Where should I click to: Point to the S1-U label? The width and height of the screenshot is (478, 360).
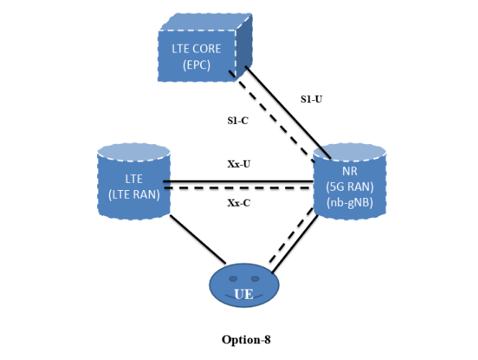[311, 99]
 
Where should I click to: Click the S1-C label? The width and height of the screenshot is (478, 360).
[238, 120]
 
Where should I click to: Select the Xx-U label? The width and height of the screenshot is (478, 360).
[238, 163]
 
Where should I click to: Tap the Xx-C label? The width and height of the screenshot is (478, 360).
[238, 203]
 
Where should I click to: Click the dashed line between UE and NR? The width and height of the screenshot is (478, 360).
[291, 238]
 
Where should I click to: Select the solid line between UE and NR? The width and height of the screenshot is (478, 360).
[297, 243]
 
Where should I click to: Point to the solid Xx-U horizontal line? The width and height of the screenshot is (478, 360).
[238, 181]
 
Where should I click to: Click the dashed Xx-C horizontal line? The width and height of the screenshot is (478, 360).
[238, 189]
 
